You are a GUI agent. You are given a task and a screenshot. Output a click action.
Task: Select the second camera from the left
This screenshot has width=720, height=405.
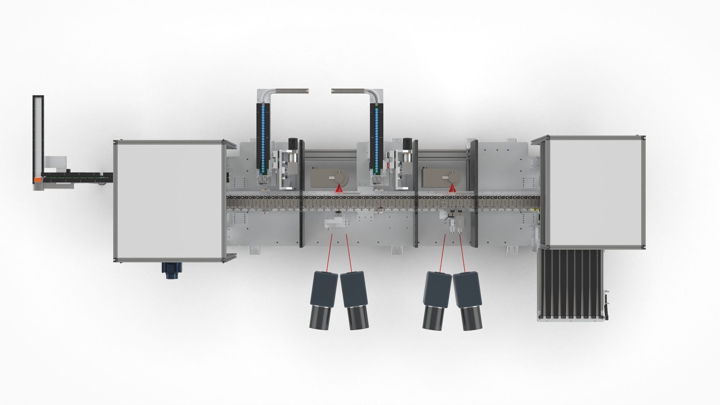(354, 300)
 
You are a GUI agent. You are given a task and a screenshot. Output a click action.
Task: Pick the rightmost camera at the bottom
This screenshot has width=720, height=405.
(466, 300)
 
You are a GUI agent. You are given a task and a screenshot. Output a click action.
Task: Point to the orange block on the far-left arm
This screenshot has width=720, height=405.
(37, 180)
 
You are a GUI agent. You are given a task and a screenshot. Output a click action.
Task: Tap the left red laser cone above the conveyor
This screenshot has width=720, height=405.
(339, 188)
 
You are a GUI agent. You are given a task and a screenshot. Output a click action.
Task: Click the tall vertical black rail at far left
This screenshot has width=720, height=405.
(39, 135)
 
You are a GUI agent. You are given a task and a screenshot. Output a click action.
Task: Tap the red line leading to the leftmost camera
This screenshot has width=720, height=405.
(330, 253)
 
